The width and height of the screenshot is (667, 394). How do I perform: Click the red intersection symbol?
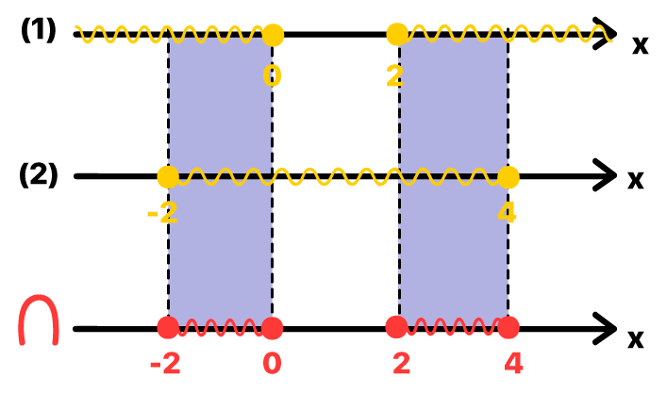coord(39,320)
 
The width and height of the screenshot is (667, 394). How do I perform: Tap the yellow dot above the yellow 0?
coord(273,36)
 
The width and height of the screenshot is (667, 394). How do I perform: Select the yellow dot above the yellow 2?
coord(397,35)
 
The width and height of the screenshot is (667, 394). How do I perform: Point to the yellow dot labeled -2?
coord(168,176)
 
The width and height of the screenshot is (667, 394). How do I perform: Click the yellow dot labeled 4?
coord(509,177)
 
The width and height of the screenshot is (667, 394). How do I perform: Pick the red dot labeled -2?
coord(168,328)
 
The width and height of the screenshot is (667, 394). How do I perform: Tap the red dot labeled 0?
coord(273,328)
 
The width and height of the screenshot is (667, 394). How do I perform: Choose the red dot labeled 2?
coord(397,327)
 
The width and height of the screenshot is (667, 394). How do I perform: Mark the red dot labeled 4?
coord(509,328)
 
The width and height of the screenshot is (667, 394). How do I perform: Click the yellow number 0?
coord(272,76)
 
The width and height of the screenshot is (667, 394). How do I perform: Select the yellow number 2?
coord(395,76)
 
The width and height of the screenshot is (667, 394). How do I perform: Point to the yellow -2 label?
coord(162,214)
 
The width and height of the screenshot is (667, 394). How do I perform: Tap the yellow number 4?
coord(508,213)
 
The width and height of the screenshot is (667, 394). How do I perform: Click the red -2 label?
coord(165,364)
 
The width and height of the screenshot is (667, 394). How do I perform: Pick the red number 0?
coord(272,364)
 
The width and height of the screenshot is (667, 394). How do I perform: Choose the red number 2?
coord(402,364)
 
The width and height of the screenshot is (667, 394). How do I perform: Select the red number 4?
coord(514,364)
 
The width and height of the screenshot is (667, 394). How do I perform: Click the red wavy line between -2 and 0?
coord(220,328)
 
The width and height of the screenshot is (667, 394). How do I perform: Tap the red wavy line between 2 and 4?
coord(453,327)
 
